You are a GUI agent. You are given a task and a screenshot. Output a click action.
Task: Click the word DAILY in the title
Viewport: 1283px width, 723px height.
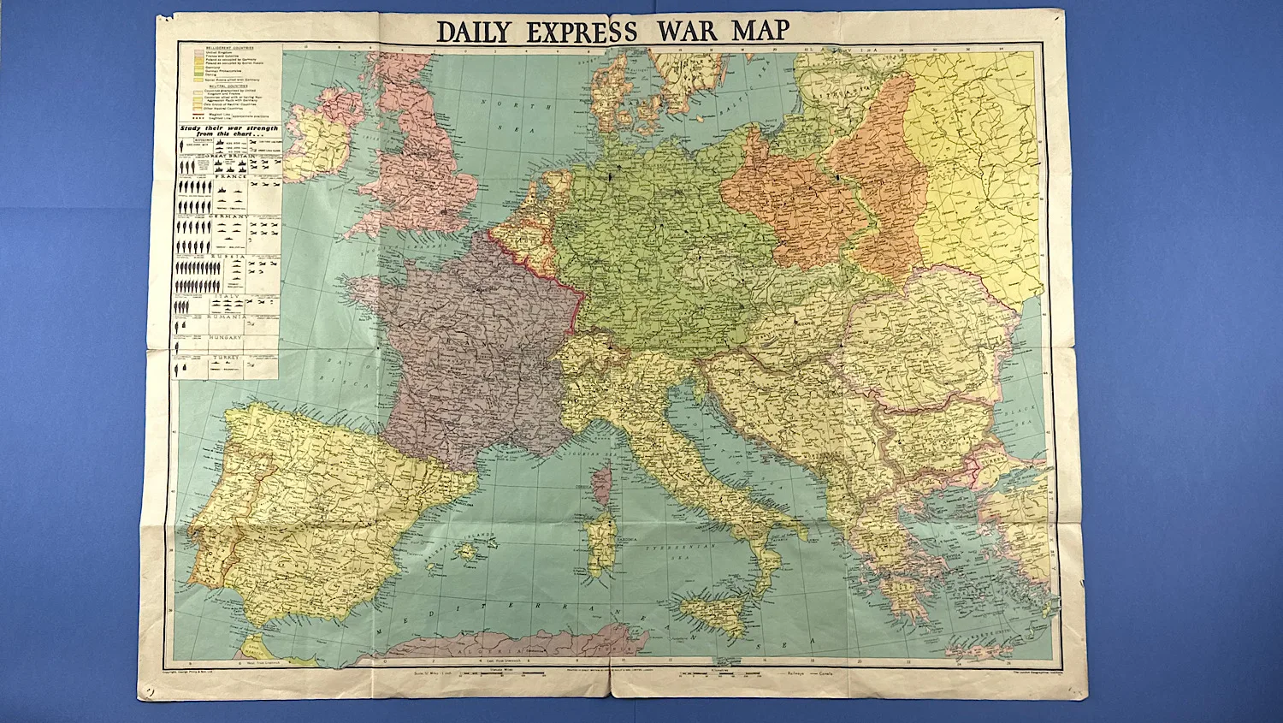pos(473,32)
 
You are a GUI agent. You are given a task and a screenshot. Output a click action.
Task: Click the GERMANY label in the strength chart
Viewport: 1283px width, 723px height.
pos(228,216)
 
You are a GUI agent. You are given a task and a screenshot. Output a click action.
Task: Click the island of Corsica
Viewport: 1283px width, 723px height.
pos(601,483)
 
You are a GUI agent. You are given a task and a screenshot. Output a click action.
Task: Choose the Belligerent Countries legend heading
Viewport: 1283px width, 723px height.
pos(227,46)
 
